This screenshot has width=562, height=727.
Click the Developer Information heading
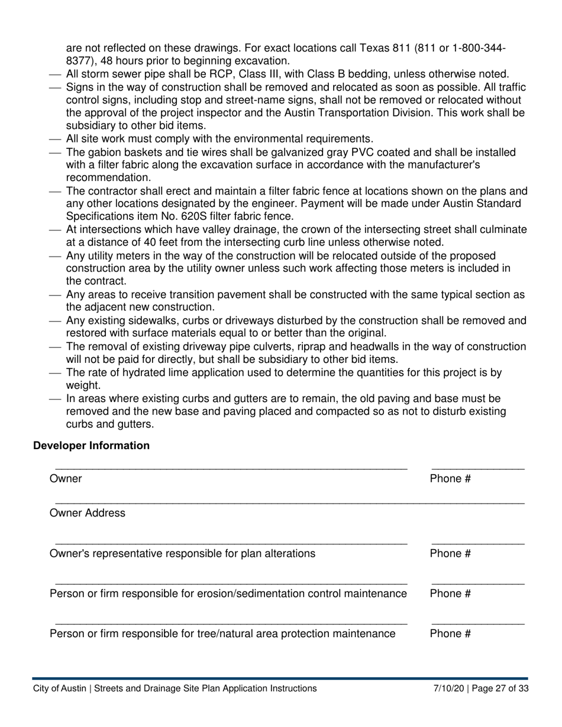click(x=91, y=446)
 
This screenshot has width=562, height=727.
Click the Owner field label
click(x=66, y=479)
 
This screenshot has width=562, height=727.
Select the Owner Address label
click(x=88, y=513)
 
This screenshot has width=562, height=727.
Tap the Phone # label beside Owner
click(x=450, y=479)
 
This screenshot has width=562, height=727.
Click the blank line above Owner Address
click(x=289, y=503)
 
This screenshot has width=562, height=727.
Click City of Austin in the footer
click(x=60, y=688)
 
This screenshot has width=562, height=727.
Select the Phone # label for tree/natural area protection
click(x=450, y=634)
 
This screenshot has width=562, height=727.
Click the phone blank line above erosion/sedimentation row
click(x=477, y=584)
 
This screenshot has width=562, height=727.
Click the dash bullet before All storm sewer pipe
click(x=54, y=74)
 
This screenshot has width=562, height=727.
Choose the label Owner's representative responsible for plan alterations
click(x=182, y=553)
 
